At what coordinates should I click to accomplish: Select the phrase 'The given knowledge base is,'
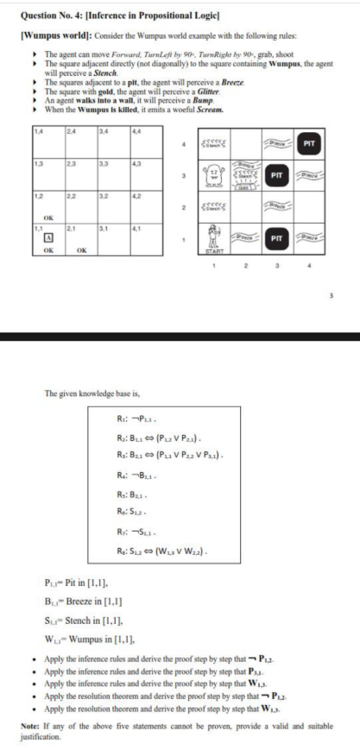point(85,393)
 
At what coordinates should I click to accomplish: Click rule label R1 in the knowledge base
point(123,419)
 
